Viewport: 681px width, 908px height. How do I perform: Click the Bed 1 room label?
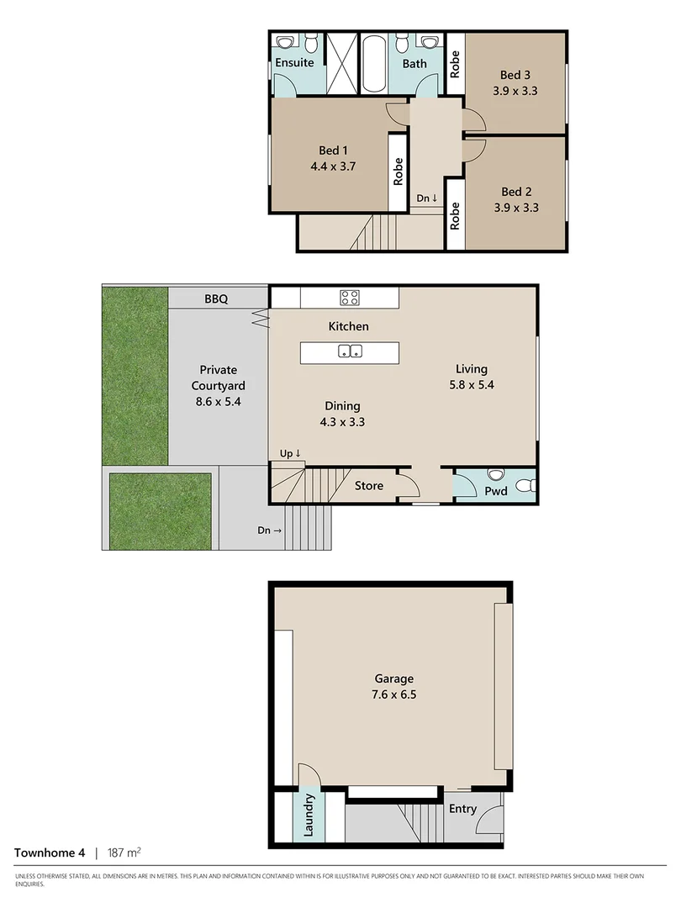(334, 150)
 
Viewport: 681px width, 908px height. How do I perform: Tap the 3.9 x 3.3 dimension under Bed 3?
(515, 91)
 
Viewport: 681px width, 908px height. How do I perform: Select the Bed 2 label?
(516, 191)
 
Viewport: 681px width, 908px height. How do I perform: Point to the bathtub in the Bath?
(373, 64)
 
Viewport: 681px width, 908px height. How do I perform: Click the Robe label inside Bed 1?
(399, 172)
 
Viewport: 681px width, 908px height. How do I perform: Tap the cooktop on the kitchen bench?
(350, 297)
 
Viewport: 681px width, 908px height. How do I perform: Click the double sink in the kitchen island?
(351, 351)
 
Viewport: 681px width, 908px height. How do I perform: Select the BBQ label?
(219, 298)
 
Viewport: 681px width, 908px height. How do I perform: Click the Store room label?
(368, 486)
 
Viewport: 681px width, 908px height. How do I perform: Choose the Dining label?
(343, 406)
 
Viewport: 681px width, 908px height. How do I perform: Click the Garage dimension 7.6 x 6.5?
(393, 694)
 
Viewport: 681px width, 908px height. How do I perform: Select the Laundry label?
(309, 816)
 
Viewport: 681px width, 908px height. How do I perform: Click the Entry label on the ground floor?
(462, 809)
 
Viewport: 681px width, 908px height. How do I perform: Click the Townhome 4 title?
(50, 853)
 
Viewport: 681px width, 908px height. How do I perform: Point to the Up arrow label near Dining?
(291, 454)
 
